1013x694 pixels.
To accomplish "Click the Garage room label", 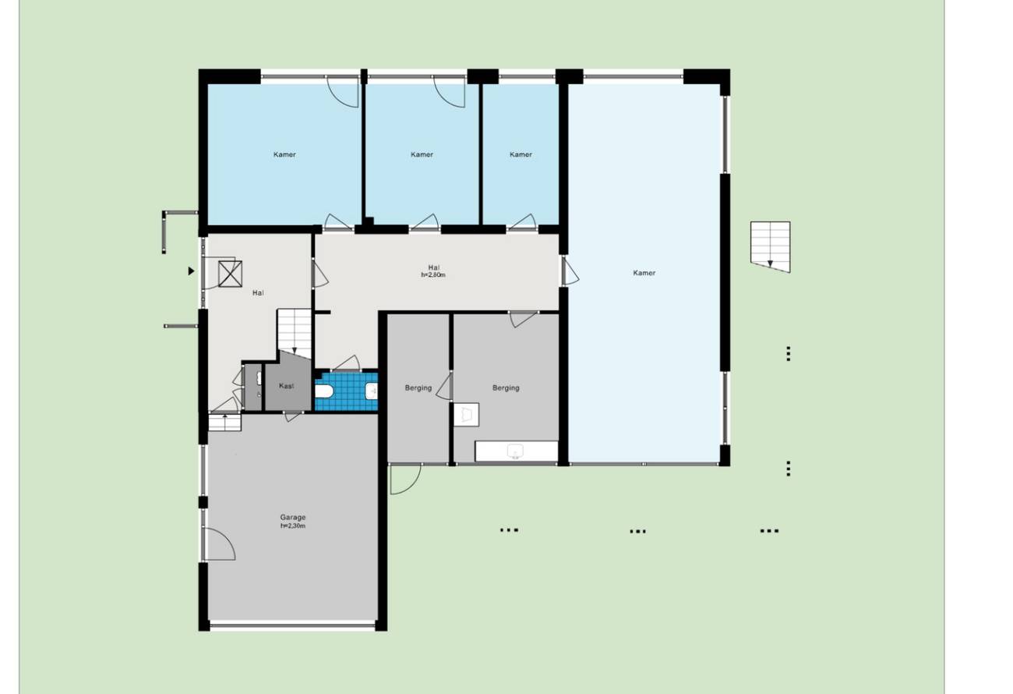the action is click(x=292, y=517).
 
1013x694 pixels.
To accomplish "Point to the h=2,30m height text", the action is click(x=292, y=526).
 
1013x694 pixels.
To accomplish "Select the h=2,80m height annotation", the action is click(x=432, y=274).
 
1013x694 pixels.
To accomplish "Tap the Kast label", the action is click(x=286, y=386).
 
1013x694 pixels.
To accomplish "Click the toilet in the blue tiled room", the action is click(x=324, y=391).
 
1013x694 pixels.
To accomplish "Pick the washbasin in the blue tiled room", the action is click(x=372, y=391).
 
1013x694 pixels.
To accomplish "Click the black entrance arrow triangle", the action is click(x=191, y=271).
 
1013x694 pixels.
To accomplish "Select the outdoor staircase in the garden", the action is click(x=770, y=246).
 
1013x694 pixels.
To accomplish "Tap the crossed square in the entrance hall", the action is click(x=230, y=274).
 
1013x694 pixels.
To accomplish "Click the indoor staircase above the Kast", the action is click(x=294, y=334).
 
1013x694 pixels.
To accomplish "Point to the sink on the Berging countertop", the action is click(x=515, y=451).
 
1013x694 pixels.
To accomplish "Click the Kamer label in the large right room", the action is click(x=644, y=273).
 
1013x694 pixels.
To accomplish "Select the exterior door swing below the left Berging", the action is click(x=405, y=479).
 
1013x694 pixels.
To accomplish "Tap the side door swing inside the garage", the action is click(x=219, y=544).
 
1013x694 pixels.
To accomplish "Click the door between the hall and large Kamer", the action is click(x=570, y=271).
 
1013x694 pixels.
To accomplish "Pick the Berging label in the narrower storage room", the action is click(x=418, y=388).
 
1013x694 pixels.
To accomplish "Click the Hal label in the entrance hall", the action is click(x=258, y=292).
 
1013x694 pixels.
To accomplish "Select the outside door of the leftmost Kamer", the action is click(x=343, y=91).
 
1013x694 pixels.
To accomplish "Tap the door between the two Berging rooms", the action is click(x=444, y=385).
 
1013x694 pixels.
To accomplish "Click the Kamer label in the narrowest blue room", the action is click(x=521, y=154).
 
